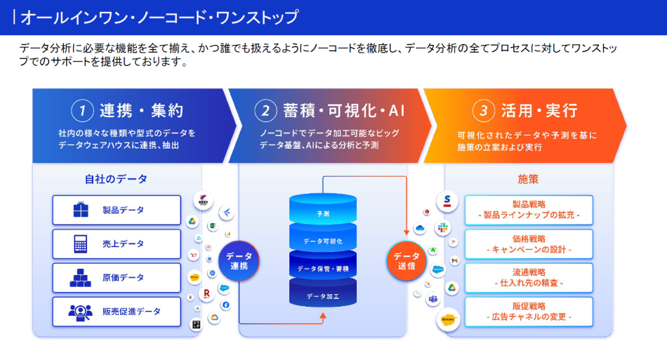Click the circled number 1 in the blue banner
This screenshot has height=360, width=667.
[82, 110]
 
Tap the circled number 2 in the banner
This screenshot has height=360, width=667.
[265, 110]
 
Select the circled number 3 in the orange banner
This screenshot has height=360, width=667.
[483, 110]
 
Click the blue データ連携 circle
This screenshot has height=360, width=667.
[239, 261]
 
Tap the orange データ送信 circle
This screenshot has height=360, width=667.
[405, 261]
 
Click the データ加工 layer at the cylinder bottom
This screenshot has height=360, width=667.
[323, 296]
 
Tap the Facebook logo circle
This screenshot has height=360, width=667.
[225, 305]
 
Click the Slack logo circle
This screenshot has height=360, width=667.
[443, 228]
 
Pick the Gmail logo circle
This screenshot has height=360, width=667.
[454, 260]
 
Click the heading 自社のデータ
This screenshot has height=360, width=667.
[117, 179]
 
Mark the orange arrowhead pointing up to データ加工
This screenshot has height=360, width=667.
[323, 316]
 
